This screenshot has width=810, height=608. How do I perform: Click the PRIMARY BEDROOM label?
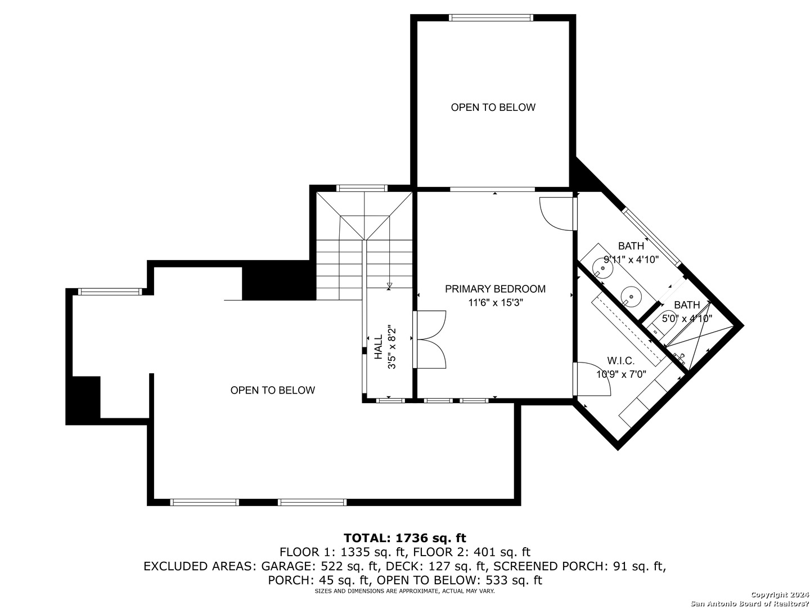495,289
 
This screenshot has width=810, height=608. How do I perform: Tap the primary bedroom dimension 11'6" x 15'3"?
496,303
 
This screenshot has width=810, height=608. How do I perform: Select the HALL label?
379,347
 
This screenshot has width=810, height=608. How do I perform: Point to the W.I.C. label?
620,360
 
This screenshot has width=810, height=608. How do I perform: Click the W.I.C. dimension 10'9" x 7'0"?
621,374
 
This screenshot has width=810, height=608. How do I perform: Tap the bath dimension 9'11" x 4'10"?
631,260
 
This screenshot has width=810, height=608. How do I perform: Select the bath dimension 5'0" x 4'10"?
687,318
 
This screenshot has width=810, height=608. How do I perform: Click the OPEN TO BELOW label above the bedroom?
493,108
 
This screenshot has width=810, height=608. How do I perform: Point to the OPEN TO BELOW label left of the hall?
273,390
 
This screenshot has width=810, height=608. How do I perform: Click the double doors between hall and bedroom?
430,339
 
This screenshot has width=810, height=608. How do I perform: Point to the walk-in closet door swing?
592,379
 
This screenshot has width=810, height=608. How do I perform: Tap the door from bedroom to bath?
557,214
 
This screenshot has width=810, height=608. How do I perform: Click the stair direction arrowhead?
389,285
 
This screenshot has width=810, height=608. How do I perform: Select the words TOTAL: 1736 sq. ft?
405,538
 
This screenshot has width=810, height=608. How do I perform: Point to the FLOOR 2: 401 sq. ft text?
471,552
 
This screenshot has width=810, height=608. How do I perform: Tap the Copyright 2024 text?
780,594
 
